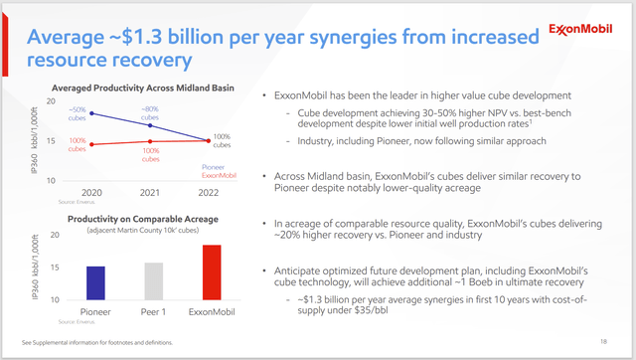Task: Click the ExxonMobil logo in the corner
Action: [x=587, y=29]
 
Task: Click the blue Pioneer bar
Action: [x=95, y=282]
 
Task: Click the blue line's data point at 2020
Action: [x=92, y=113]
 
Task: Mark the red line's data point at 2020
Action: [x=92, y=145]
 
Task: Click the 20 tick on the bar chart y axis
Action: [x=56, y=236]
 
